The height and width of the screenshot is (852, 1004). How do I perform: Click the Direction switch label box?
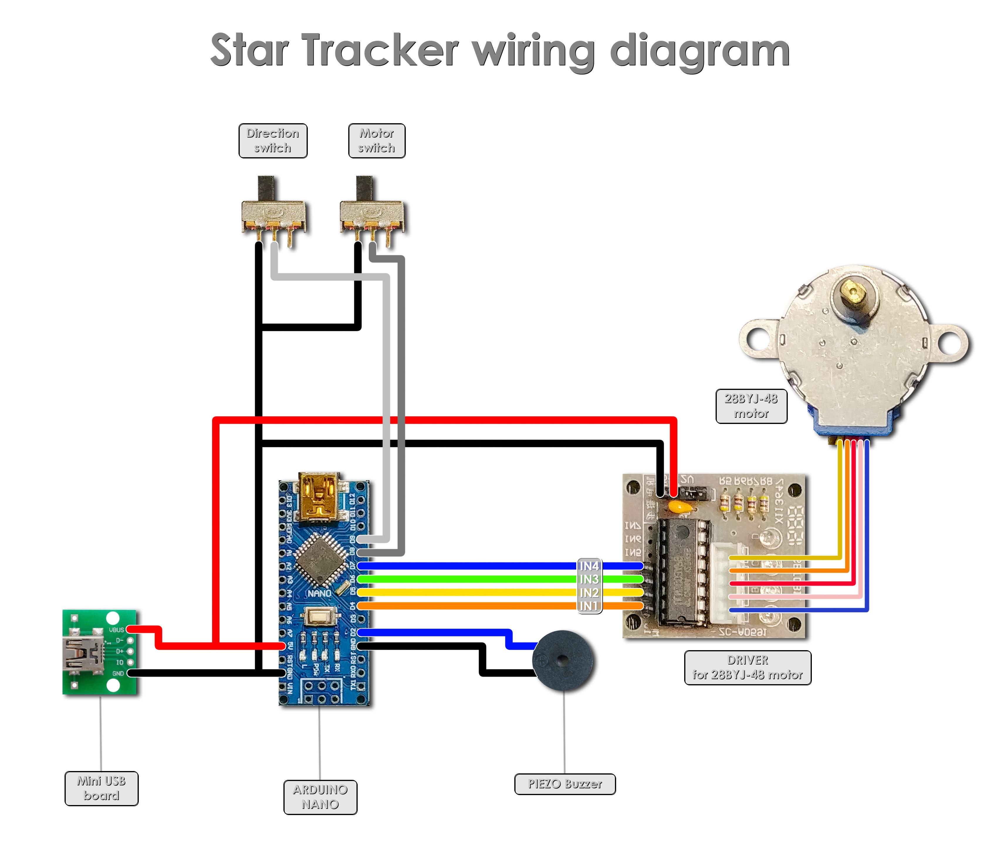click(x=273, y=141)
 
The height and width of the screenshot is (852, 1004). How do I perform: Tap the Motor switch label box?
click(x=377, y=141)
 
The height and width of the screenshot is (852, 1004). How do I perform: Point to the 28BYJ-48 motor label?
click(x=751, y=406)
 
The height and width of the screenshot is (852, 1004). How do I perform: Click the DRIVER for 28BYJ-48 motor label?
click(x=748, y=667)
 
